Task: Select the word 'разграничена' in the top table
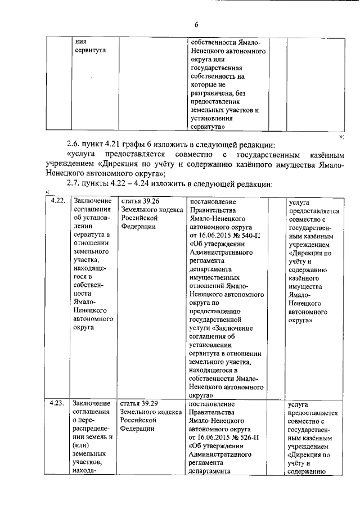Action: point(215,93)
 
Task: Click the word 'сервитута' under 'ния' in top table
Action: point(90,51)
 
